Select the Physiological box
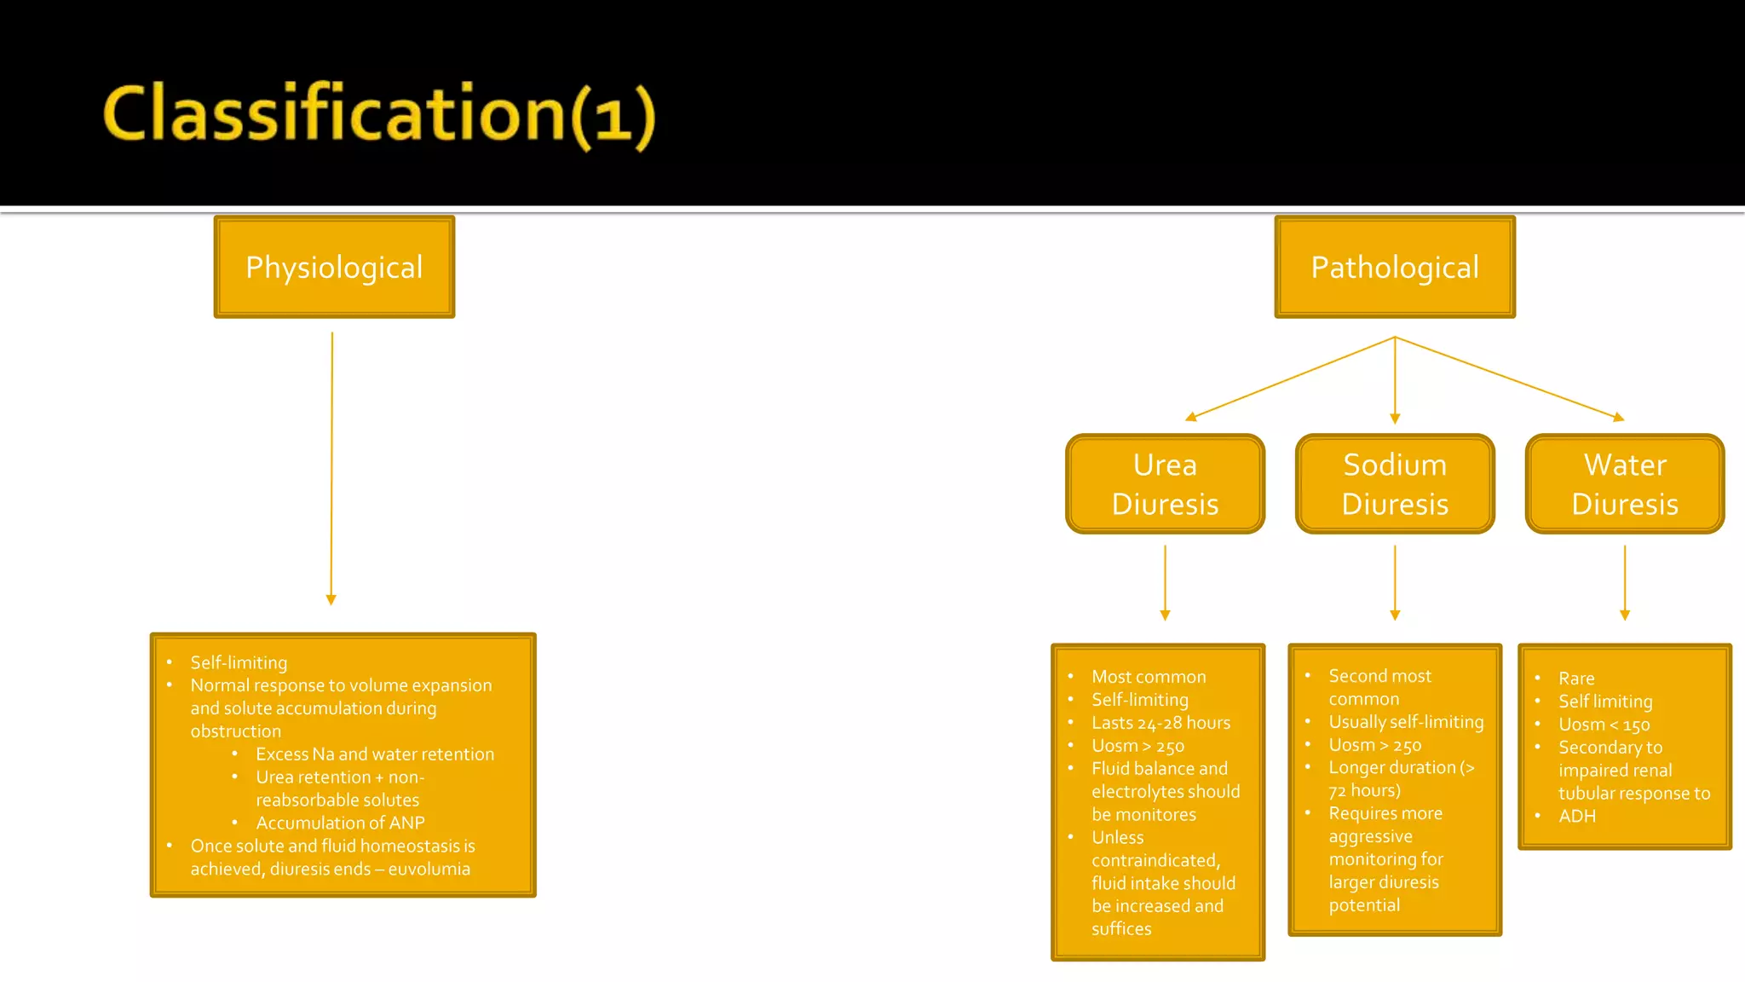pos(334,267)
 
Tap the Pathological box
pos(1395,267)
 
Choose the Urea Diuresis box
pos(1165,484)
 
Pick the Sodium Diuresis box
pos(1395,484)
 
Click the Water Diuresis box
pos(1625,484)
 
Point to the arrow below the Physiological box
pos(331,469)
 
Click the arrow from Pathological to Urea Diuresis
pos(1291,378)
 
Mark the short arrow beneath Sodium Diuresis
pos(1395,583)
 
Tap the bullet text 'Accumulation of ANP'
pos(340,823)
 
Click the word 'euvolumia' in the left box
pos(429,869)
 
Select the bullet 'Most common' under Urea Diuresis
pos(1149,677)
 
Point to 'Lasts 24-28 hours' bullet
pos(1160,723)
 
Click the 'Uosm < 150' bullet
pos(1604,725)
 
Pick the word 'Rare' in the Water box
pos(1576,679)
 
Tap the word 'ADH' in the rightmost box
pos(1577,817)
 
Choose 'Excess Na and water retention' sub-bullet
pos(375,754)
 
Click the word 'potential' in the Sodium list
pos(1364,905)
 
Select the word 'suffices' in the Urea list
pos(1121,929)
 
